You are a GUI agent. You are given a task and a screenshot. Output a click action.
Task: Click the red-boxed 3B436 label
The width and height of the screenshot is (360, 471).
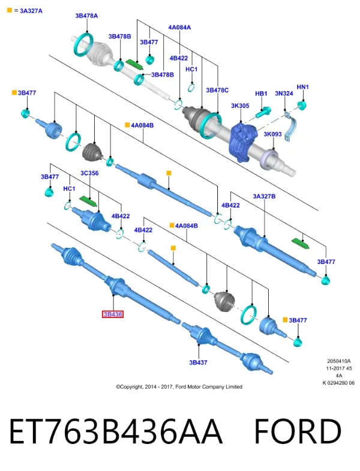(113, 314)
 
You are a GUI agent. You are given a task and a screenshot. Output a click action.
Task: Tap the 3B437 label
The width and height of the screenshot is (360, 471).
(198, 362)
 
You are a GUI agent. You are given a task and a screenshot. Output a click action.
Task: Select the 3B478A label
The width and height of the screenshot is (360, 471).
(86, 16)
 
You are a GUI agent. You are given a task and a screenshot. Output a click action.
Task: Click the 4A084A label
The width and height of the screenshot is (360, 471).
(179, 28)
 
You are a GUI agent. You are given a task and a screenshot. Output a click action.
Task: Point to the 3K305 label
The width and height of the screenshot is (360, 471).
(240, 106)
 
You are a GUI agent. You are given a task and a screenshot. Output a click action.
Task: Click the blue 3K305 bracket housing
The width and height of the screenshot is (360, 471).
(243, 141)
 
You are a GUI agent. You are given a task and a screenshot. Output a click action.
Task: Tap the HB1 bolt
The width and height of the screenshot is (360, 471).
(263, 112)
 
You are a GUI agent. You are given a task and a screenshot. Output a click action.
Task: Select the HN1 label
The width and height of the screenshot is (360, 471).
(302, 87)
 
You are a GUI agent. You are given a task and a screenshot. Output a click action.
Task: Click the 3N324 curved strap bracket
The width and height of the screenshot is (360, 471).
(290, 125)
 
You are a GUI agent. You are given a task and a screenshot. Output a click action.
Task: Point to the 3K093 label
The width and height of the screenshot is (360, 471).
(272, 134)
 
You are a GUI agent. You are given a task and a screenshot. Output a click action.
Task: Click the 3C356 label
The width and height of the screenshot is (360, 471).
(89, 173)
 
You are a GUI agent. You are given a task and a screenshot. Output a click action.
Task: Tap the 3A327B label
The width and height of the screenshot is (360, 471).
(264, 196)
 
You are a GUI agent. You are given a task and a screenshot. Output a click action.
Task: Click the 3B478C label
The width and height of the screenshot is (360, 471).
(217, 90)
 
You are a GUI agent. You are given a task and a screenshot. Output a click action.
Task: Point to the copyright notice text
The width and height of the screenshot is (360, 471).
(179, 387)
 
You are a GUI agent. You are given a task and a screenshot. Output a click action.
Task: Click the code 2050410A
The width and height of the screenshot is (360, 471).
(339, 361)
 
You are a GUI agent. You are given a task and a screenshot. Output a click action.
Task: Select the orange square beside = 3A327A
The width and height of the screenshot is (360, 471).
(10, 11)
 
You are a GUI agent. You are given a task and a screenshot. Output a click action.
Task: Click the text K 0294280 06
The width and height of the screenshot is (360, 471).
(338, 383)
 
